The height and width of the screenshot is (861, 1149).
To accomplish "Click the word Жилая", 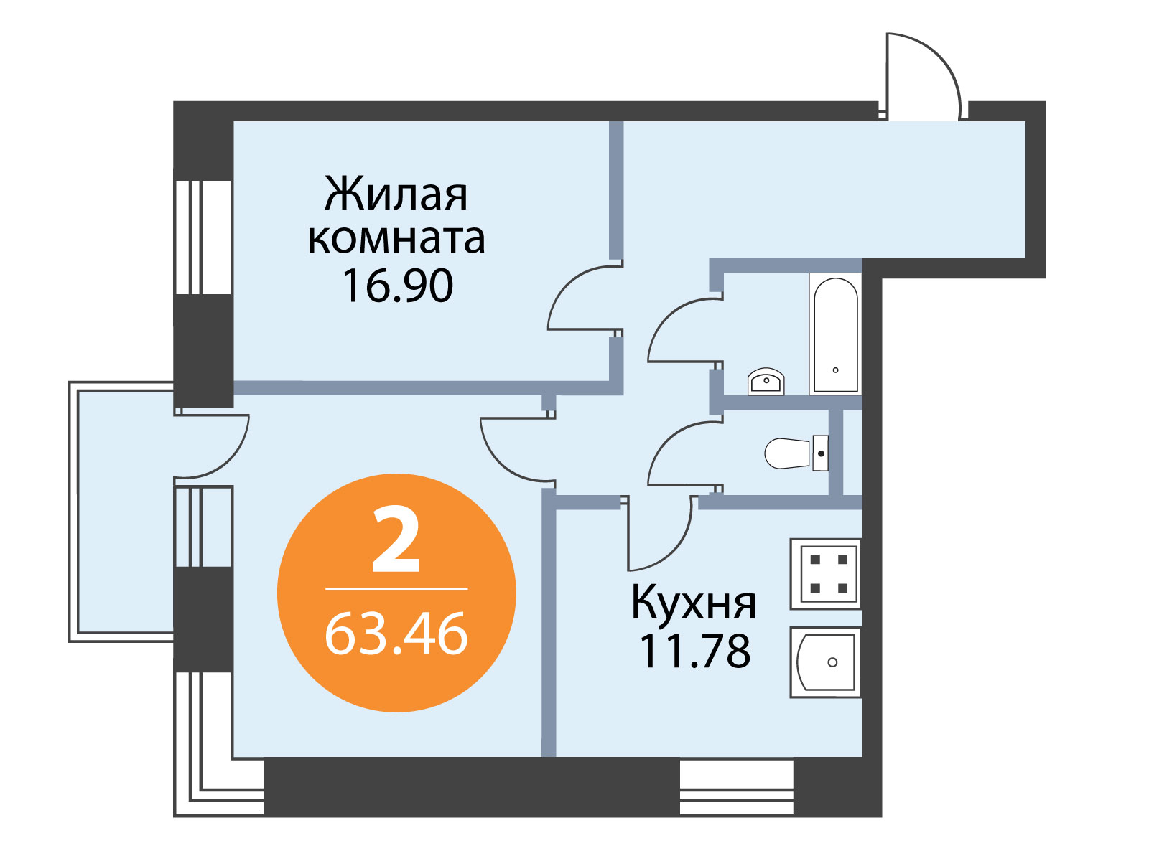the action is (396, 194).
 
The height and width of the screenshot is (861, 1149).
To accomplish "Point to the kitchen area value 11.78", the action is (695, 651).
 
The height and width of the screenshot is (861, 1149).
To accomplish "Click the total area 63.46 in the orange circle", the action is (396, 635).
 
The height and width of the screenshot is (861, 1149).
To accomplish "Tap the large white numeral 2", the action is (396, 540).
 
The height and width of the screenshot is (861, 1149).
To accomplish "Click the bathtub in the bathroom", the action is (835, 334).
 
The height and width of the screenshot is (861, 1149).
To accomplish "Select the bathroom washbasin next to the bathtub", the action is (766, 382).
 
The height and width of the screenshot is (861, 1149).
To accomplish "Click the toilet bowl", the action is (796, 453).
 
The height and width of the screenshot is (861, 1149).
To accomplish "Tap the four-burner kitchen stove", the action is (826, 574).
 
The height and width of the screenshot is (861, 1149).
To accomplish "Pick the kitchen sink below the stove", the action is (826, 662).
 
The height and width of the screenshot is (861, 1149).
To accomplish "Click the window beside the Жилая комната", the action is (203, 237).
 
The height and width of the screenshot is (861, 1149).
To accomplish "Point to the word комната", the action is (396, 240).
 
